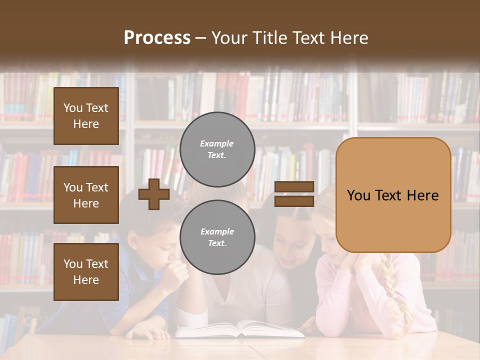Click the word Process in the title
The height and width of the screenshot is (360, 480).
click(157, 37)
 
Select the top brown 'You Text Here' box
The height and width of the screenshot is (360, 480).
click(86, 116)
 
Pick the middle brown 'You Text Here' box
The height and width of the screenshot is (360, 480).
click(86, 195)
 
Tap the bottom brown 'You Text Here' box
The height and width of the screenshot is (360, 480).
click(86, 271)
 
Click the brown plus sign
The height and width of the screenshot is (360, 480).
click(154, 194)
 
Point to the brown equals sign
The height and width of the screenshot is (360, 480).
click(294, 194)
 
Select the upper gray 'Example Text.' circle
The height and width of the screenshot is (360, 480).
click(217, 149)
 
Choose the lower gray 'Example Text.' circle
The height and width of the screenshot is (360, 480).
click(217, 237)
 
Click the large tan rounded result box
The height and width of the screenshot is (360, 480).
click(393, 195)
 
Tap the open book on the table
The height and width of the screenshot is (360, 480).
click(240, 328)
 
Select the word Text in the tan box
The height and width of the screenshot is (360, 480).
click(393, 195)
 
